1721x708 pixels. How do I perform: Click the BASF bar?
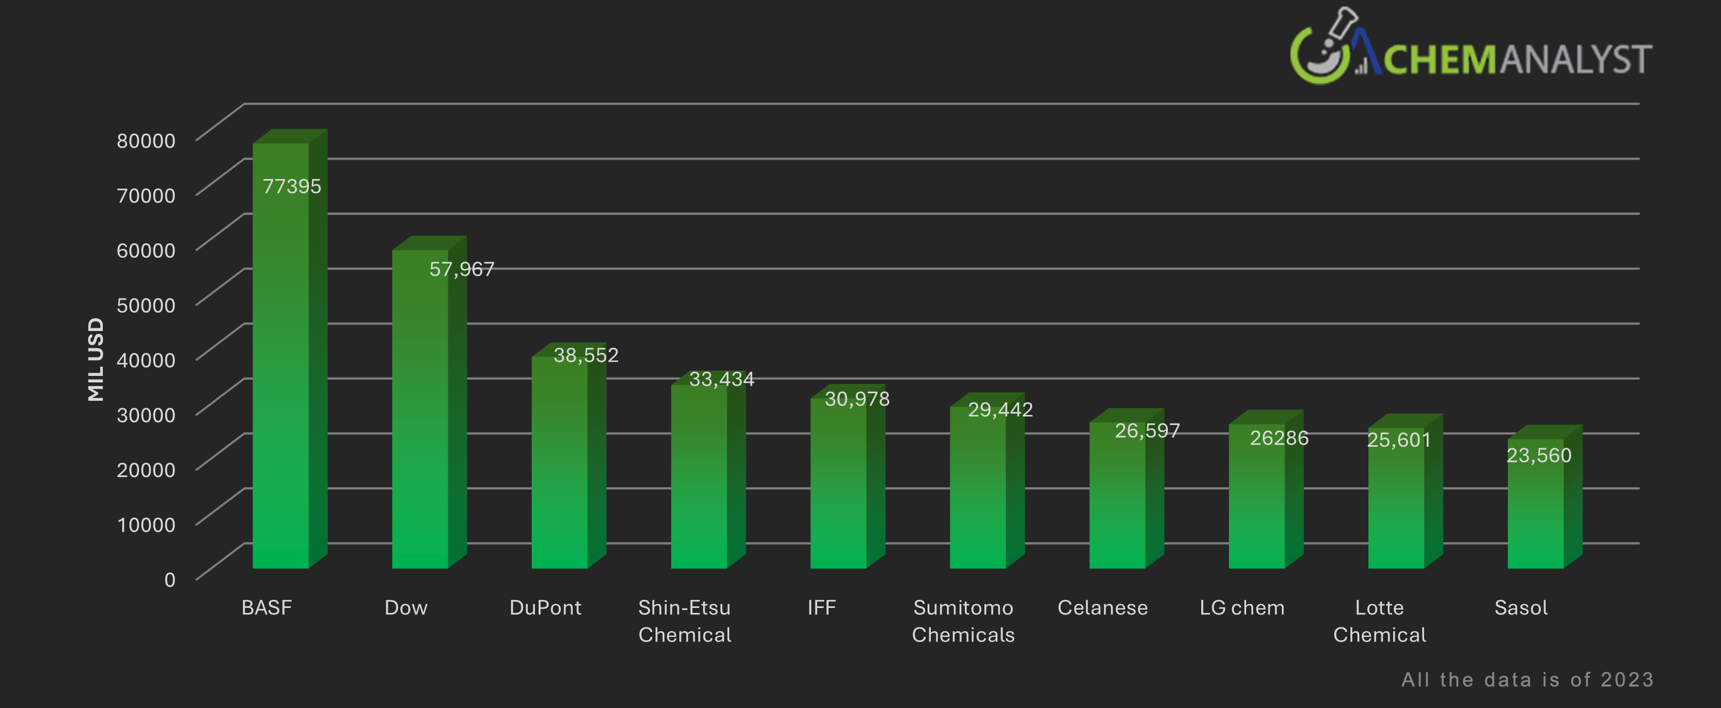[x=281, y=361]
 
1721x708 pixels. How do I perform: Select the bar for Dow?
[x=420, y=414]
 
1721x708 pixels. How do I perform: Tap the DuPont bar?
[x=559, y=467]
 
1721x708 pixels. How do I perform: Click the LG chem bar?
[x=1256, y=501]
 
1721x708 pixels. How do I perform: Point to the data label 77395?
[x=292, y=187]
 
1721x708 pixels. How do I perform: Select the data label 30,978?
[x=857, y=399]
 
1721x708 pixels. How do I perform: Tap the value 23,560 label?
[x=1539, y=455]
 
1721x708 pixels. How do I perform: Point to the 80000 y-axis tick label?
[x=145, y=140]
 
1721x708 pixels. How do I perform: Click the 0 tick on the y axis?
[x=170, y=579]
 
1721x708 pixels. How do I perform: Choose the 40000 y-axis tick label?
[x=145, y=360]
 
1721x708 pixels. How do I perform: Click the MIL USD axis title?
[x=96, y=359]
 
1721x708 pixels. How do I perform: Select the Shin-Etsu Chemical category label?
[x=685, y=620]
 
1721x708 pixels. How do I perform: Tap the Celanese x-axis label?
[x=1102, y=608]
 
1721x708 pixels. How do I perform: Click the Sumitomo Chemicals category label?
[x=963, y=620]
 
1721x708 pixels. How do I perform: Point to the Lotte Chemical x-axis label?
[x=1380, y=620]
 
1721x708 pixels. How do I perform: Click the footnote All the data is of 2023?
[x=1527, y=679]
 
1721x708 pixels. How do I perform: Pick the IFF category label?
[x=821, y=608]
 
